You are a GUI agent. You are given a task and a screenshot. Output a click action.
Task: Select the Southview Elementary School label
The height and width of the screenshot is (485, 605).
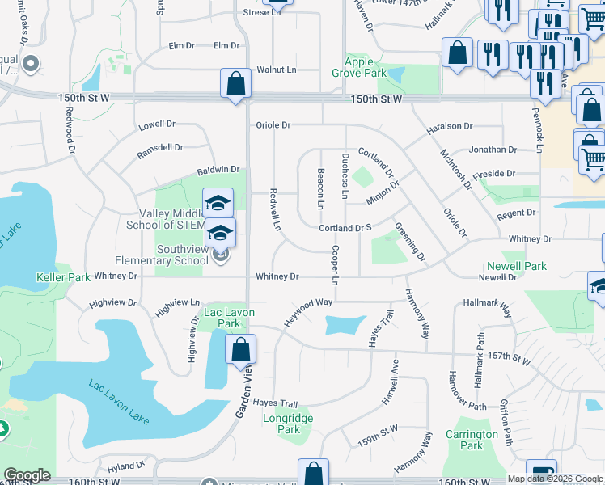point(171,255)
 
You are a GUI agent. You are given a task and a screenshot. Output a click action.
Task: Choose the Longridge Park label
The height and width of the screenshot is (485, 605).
point(281,424)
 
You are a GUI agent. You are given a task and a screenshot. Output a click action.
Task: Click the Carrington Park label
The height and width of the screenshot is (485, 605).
point(472,440)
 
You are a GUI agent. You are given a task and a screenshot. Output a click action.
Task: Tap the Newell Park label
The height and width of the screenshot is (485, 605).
point(516,266)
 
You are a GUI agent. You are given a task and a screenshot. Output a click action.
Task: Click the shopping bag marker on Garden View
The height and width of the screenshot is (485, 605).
point(240,350)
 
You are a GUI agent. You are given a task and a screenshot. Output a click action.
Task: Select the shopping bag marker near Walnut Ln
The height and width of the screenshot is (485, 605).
point(235,83)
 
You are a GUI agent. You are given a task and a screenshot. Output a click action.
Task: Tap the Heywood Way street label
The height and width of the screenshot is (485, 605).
point(307,313)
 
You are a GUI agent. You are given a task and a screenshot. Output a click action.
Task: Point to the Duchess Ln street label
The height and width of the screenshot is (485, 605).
point(345,176)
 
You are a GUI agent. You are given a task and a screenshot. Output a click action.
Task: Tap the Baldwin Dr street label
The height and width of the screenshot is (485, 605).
point(218,170)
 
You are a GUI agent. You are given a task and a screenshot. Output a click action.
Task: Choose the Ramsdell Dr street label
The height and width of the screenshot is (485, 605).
point(160,148)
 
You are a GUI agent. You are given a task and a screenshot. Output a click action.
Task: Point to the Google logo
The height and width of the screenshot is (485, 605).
point(27,476)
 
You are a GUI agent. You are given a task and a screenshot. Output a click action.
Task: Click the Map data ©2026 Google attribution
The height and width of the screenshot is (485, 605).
point(555,479)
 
